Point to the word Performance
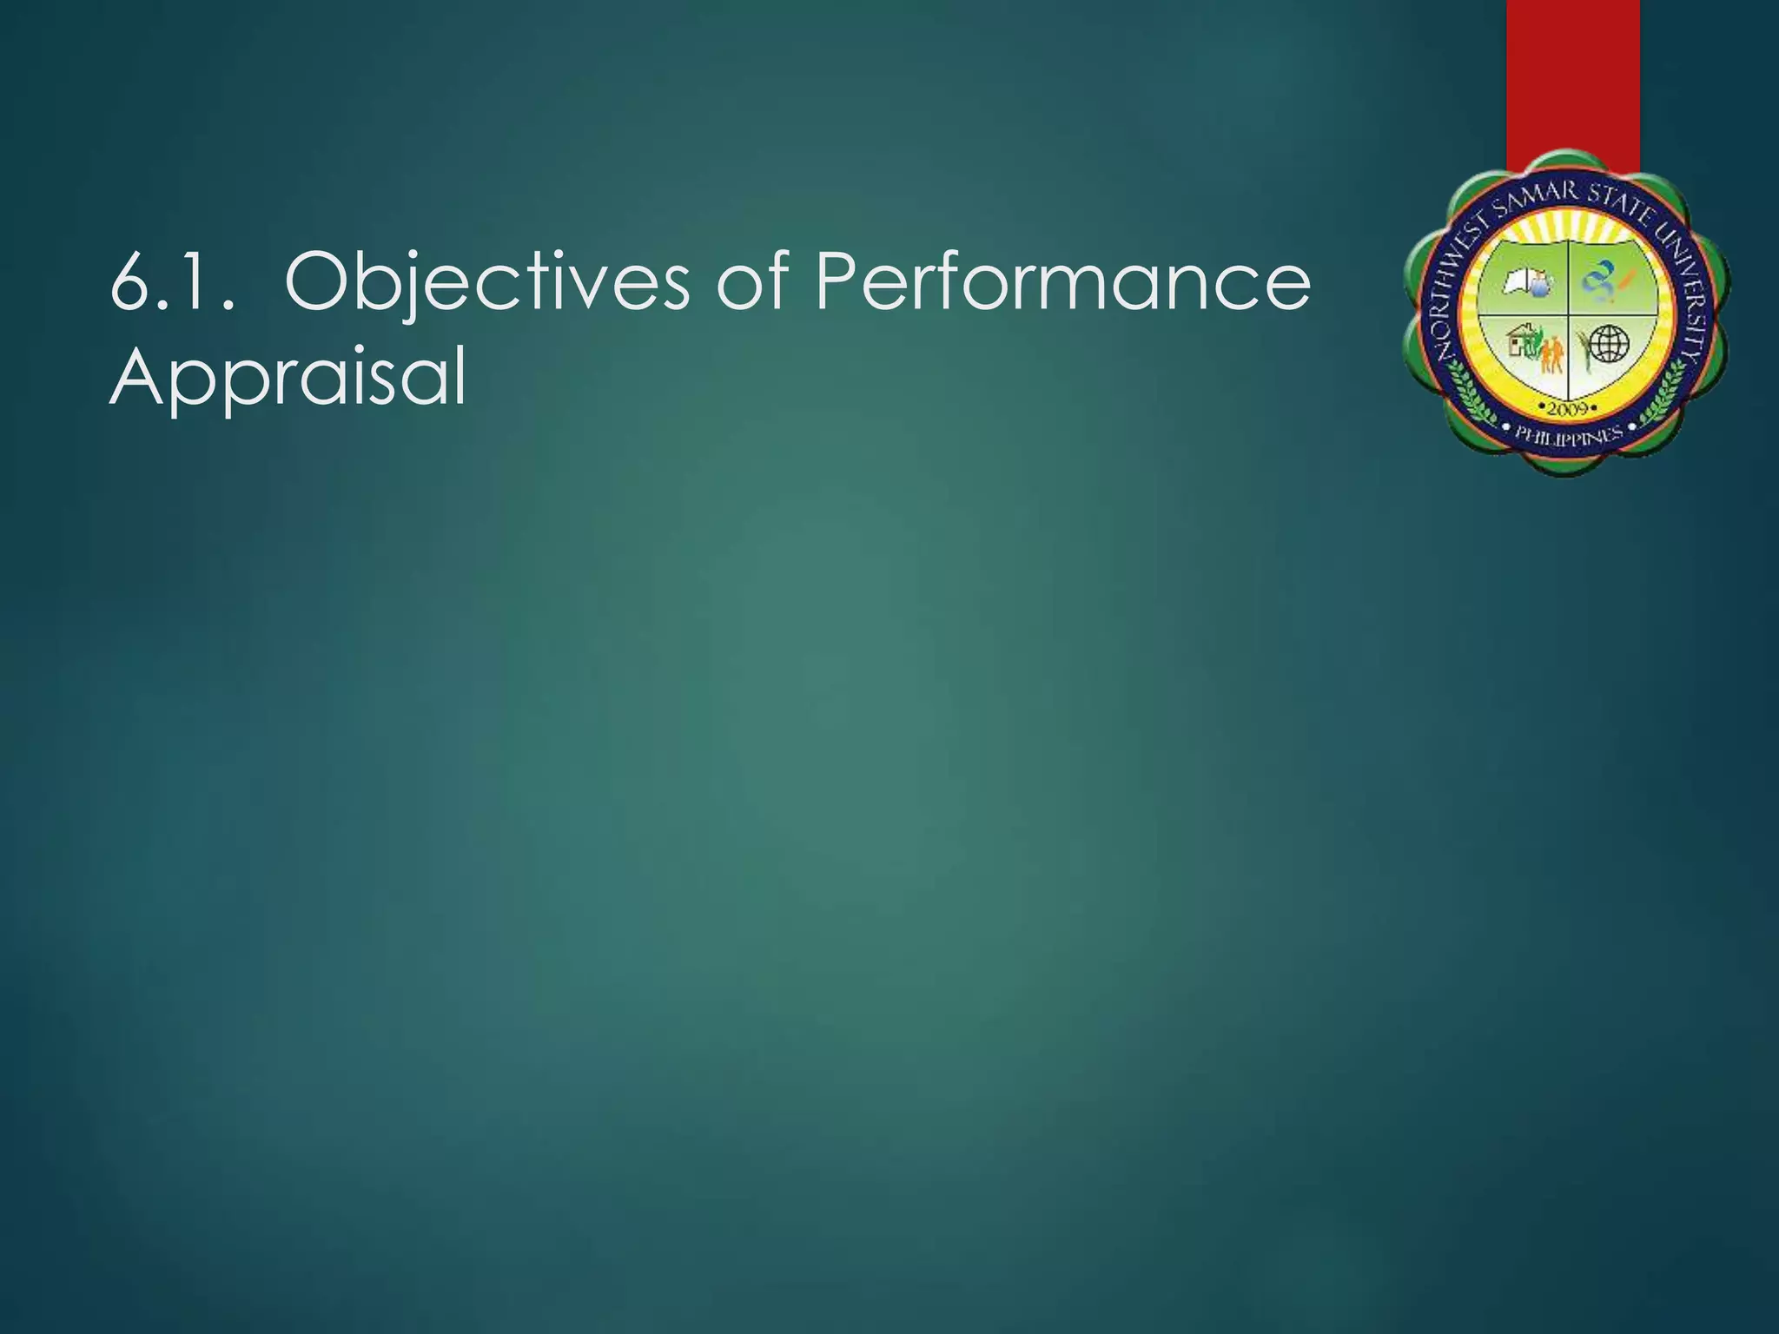click(1062, 282)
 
